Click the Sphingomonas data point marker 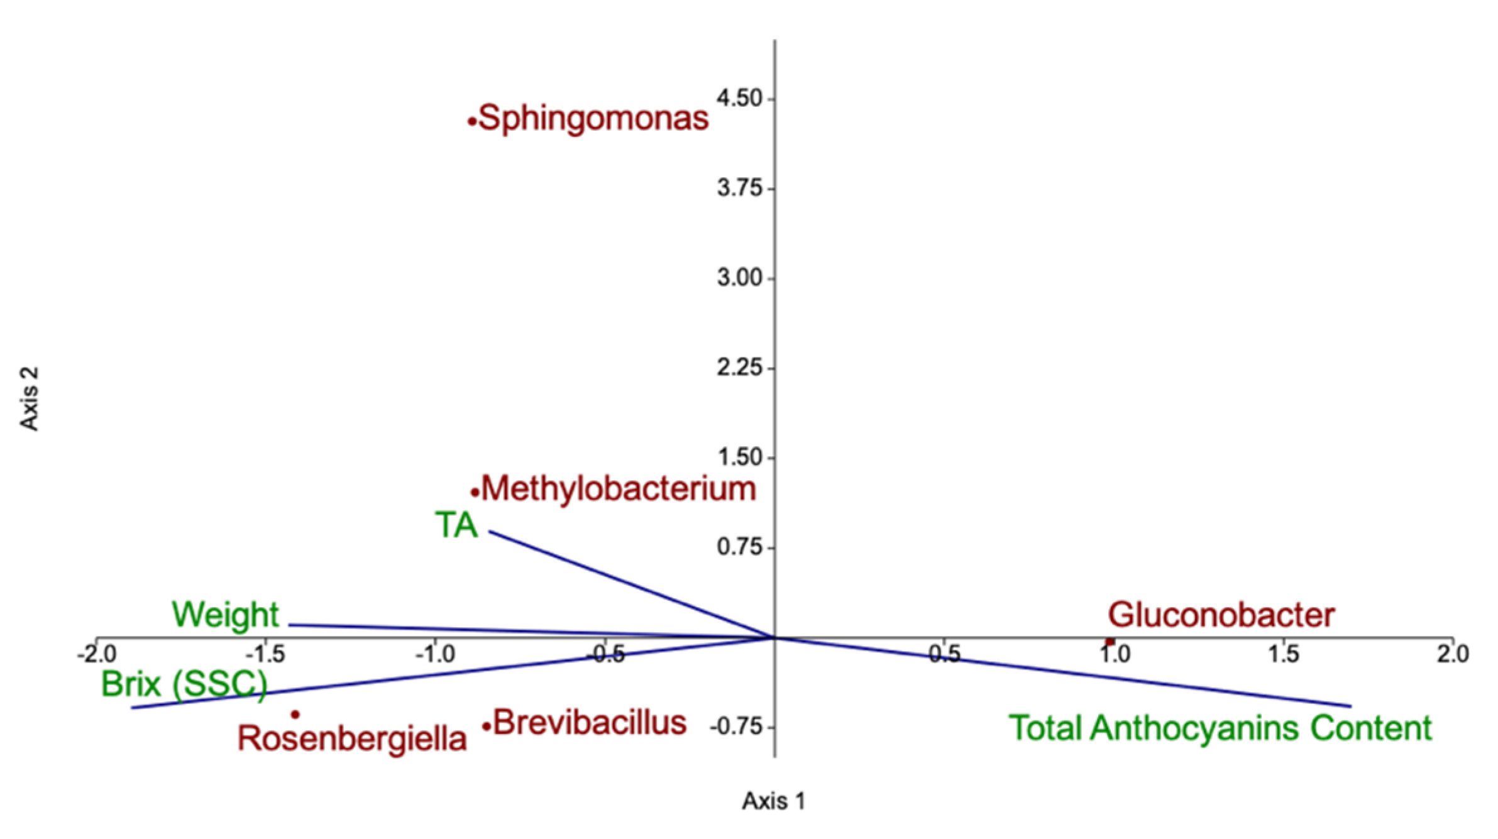tap(471, 122)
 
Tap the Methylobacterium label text tap(619, 489)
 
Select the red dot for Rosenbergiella tap(295, 715)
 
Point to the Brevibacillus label tap(589, 723)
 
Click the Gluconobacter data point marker tap(1110, 642)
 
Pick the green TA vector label tap(456, 525)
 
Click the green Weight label tap(225, 615)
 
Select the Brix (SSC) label tap(184, 684)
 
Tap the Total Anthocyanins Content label tap(1220, 728)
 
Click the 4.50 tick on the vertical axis tap(740, 99)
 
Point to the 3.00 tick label tap(740, 278)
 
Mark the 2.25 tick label tap(740, 368)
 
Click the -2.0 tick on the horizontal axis tap(97, 655)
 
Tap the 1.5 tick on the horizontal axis tap(1283, 655)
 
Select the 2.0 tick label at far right tap(1453, 655)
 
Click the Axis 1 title tap(773, 801)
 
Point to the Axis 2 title tap(30, 398)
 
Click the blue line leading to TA tap(629, 584)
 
